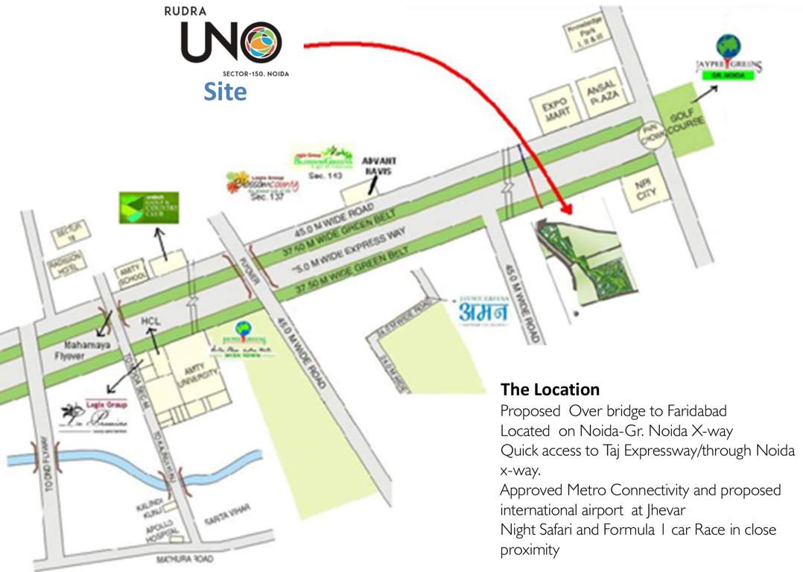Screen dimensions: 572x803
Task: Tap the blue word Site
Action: click(225, 92)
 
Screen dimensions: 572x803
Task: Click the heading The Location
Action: click(550, 389)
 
